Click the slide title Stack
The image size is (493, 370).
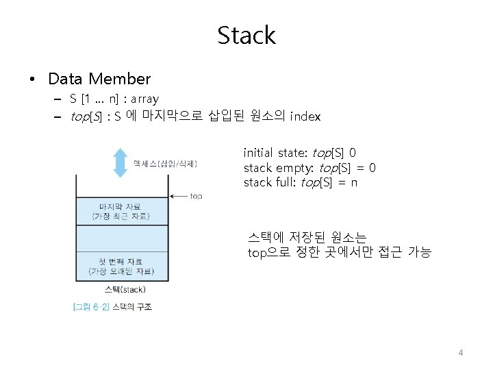(246, 35)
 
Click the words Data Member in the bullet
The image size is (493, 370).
(99, 79)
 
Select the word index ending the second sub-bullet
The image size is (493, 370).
(305, 116)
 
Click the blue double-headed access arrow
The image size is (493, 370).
(121, 162)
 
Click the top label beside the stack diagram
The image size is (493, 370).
(196, 196)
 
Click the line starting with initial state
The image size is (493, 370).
(299, 152)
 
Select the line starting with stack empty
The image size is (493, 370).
(309, 168)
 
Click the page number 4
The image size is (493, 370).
(460, 353)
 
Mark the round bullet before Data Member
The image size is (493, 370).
(32, 79)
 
